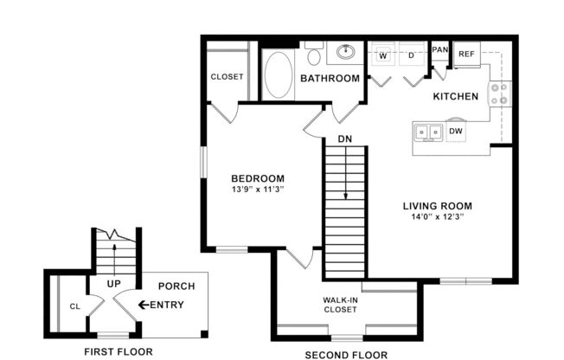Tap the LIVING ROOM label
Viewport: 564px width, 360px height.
[x=438, y=206]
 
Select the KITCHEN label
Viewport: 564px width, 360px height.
[x=455, y=96]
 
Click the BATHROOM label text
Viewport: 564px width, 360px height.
[x=330, y=79]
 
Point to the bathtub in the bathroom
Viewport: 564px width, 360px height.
[x=279, y=74]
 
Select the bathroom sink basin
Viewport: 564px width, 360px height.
[x=347, y=51]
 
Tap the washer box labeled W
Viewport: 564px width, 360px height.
[x=382, y=56]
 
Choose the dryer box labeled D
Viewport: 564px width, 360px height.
[x=412, y=56]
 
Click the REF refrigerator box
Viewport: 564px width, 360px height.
[x=466, y=55]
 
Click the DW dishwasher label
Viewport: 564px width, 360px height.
[x=456, y=132]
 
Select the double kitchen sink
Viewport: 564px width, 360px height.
[x=428, y=132]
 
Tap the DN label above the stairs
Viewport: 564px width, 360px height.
[x=344, y=138]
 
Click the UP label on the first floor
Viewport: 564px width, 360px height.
[x=113, y=283]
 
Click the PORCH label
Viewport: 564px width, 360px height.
[x=176, y=286]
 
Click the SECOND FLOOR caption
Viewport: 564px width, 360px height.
[x=346, y=354]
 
